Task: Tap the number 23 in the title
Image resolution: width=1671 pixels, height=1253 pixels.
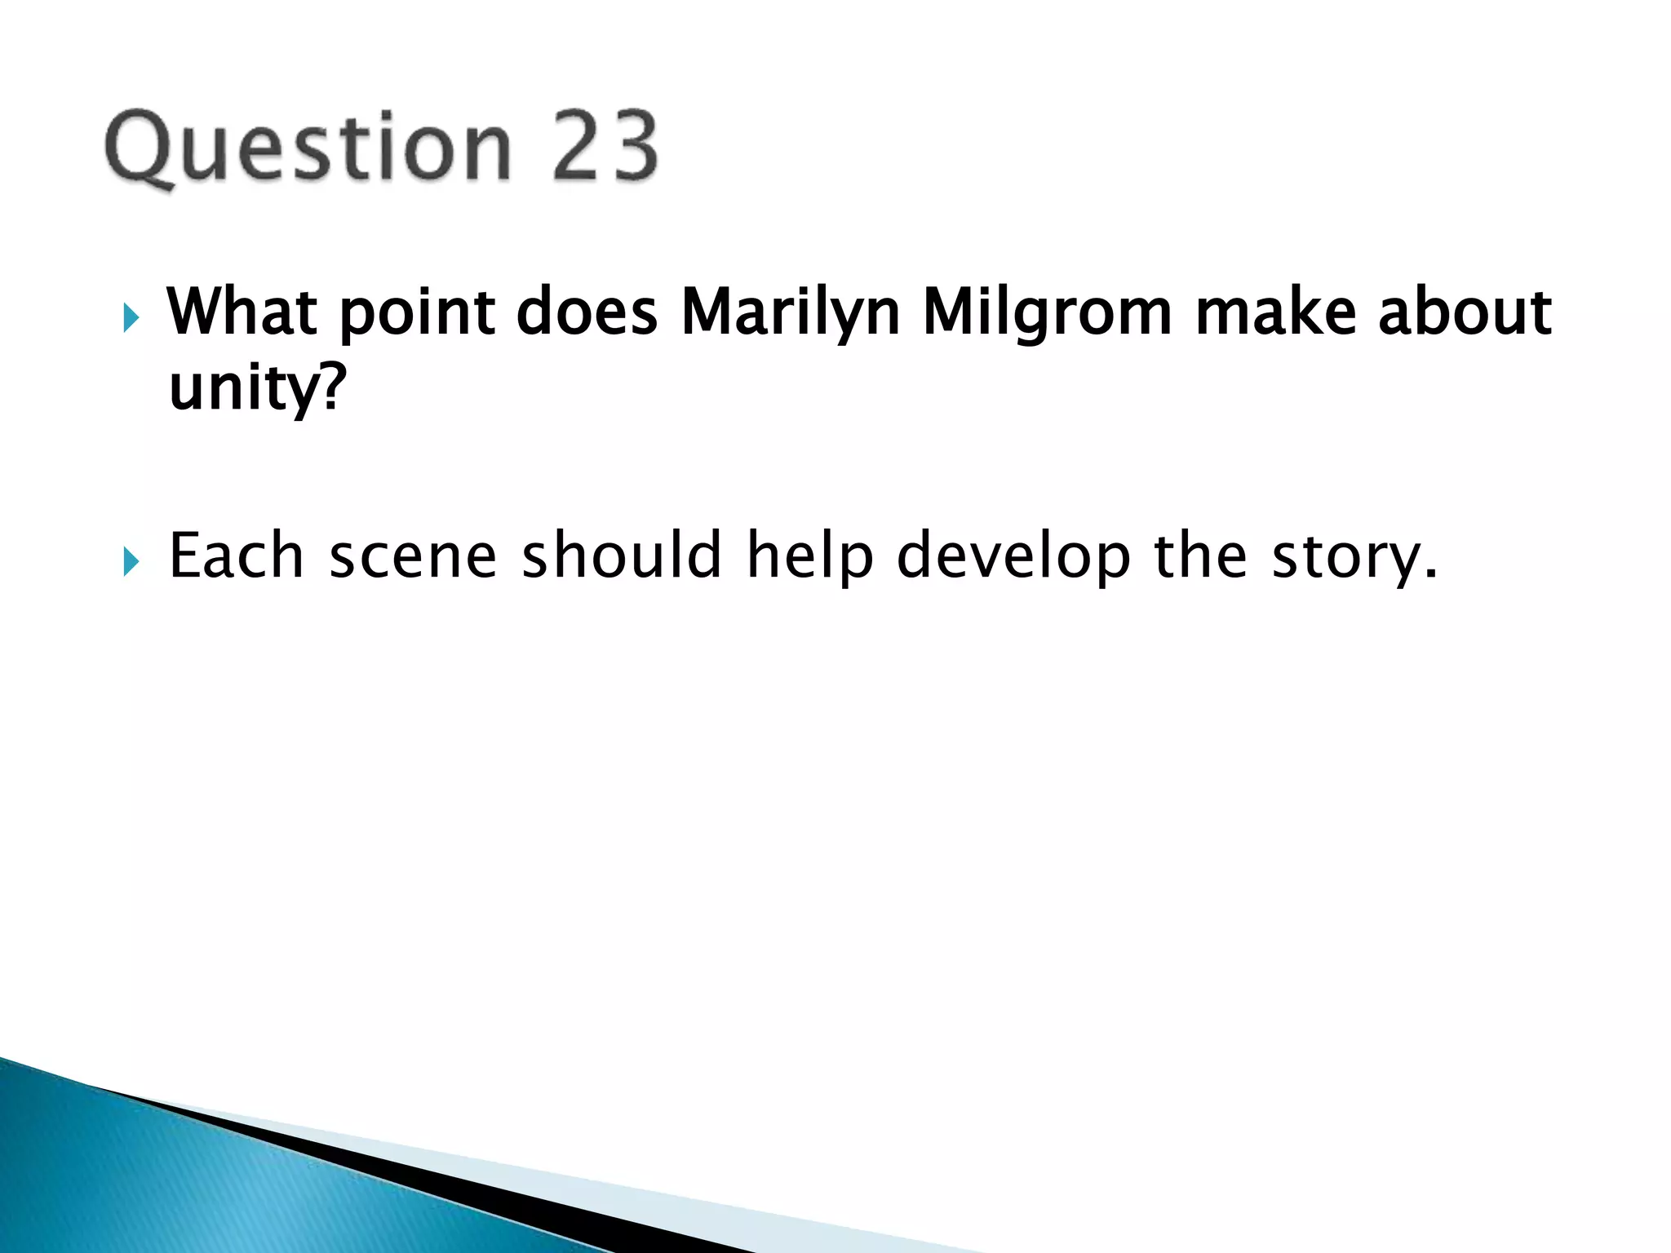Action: point(605,147)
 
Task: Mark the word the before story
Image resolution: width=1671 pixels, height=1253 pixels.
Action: point(1200,556)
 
